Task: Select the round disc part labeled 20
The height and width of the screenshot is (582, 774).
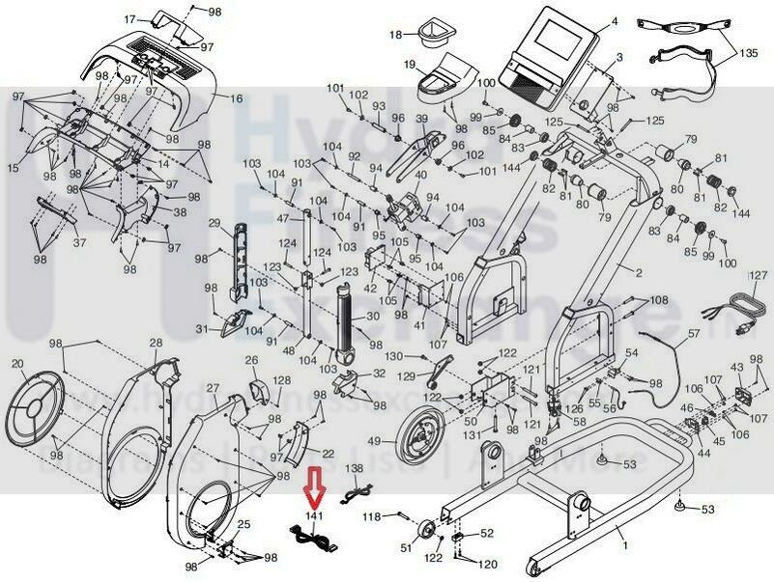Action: coord(33,406)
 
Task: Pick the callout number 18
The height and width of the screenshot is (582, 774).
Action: coord(394,35)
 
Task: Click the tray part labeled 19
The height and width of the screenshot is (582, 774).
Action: coord(444,74)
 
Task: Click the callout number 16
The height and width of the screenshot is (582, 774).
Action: coord(236,98)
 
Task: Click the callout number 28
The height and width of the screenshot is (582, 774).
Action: coord(156,344)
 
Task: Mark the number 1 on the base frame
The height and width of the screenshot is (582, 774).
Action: coord(623,545)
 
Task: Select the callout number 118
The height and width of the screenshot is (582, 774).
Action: coord(372,517)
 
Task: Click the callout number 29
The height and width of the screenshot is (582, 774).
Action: coord(215,223)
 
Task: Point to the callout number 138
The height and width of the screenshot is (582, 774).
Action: coord(356,468)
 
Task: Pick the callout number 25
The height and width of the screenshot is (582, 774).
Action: coord(244,525)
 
